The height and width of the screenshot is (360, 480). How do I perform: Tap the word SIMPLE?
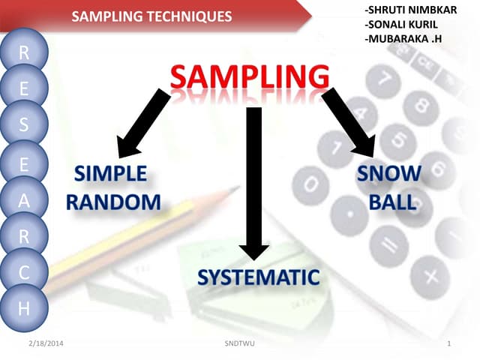110,174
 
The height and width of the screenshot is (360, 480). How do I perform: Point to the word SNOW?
388,174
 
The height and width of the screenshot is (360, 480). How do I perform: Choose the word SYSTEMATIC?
258,277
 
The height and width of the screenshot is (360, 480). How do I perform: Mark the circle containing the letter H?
24,308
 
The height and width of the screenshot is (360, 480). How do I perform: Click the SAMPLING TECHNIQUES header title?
151,16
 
